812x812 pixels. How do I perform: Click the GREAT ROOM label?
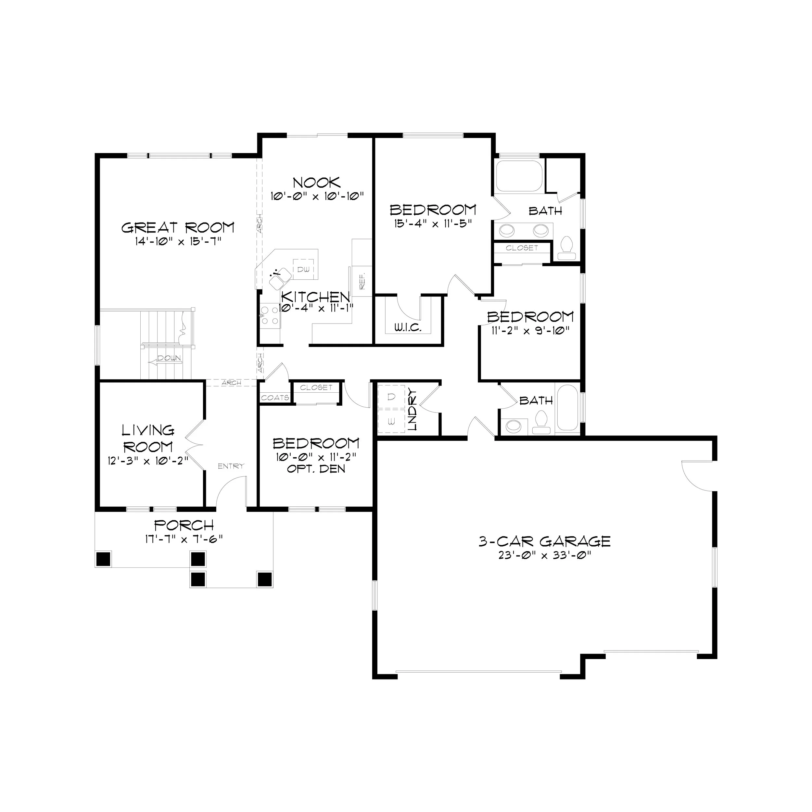point(178,228)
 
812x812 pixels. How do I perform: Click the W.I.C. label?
point(408,327)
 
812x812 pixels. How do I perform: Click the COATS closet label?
point(275,398)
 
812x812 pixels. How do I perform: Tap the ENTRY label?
point(231,466)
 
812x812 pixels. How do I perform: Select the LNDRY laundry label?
point(413,410)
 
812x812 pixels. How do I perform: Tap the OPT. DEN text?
point(316,469)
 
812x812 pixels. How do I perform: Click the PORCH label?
point(184,525)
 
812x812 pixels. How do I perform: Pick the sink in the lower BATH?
point(513,426)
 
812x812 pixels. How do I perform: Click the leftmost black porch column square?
point(103,559)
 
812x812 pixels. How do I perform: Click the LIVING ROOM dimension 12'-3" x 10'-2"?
point(147,461)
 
